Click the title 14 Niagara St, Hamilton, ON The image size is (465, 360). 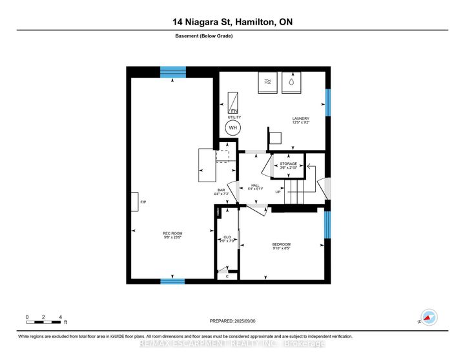click(x=232, y=23)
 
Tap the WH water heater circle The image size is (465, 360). click(x=232, y=127)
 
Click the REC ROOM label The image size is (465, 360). click(x=171, y=234)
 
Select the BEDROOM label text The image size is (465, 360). click(x=281, y=244)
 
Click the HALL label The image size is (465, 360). click(x=255, y=186)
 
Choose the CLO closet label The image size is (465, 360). click(x=227, y=238)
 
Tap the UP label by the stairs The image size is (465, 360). click(x=278, y=192)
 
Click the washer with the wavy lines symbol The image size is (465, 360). click(x=267, y=83)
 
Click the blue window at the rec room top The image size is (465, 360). click(x=172, y=71)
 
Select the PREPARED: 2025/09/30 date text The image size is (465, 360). click(x=232, y=321)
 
